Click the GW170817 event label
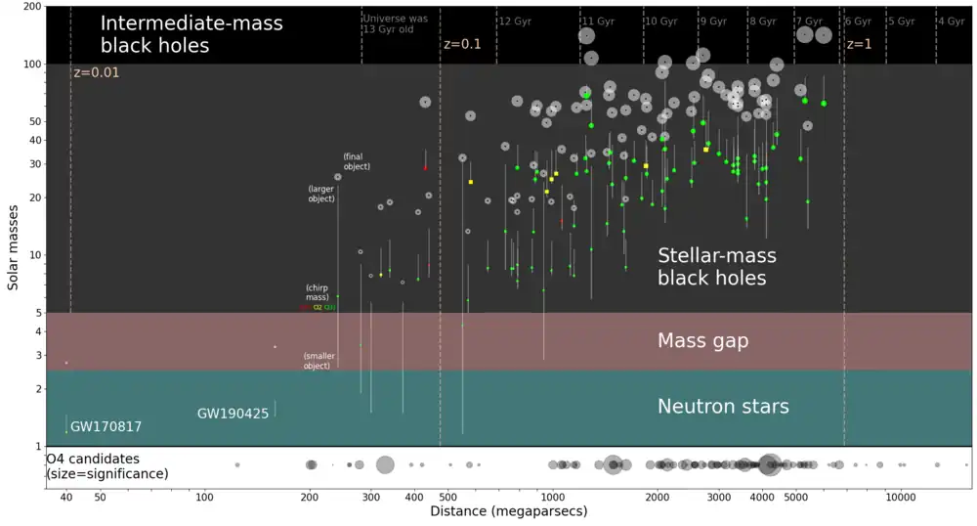tap(106, 427)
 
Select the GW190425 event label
tap(233, 414)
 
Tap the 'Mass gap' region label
tap(702, 341)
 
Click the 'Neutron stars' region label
tap(723, 407)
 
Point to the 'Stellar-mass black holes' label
tap(717, 267)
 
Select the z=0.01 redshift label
tap(95, 72)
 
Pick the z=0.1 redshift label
tap(463, 44)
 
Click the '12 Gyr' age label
tap(515, 21)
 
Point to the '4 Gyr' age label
tap(951, 21)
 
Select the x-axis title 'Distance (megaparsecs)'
tap(508, 511)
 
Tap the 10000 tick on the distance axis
tap(900, 496)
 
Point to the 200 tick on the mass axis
tap(31, 7)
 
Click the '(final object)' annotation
tap(357, 161)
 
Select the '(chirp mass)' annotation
tap(317, 292)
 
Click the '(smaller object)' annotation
tap(317, 360)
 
